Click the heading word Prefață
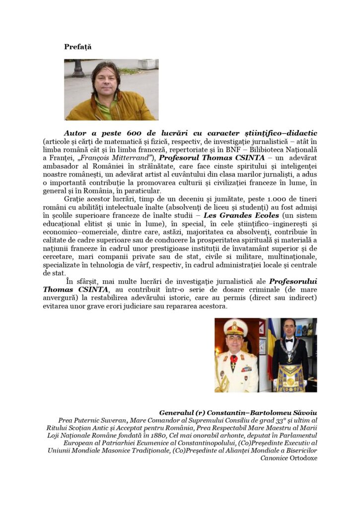pos(77,47)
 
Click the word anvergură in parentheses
pos(62,298)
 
